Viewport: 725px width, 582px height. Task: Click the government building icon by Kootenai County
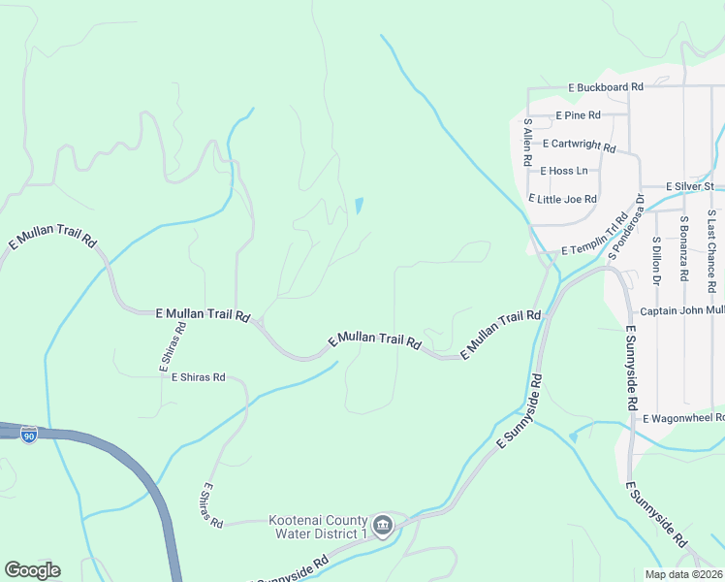click(383, 526)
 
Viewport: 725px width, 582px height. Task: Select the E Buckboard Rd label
click(607, 87)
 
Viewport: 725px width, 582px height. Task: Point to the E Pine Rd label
click(579, 115)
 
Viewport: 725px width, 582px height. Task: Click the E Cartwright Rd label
click(580, 145)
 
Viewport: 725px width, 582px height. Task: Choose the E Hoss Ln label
click(565, 171)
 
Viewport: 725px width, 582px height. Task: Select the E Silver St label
click(690, 186)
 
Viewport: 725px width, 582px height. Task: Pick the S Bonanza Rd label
click(683, 247)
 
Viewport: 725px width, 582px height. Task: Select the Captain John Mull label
click(682, 311)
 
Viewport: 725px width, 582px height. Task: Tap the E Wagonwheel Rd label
click(684, 418)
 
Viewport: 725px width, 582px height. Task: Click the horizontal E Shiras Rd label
click(198, 377)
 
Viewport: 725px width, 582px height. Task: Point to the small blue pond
click(359, 206)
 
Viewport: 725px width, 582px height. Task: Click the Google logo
click(32, 570)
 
